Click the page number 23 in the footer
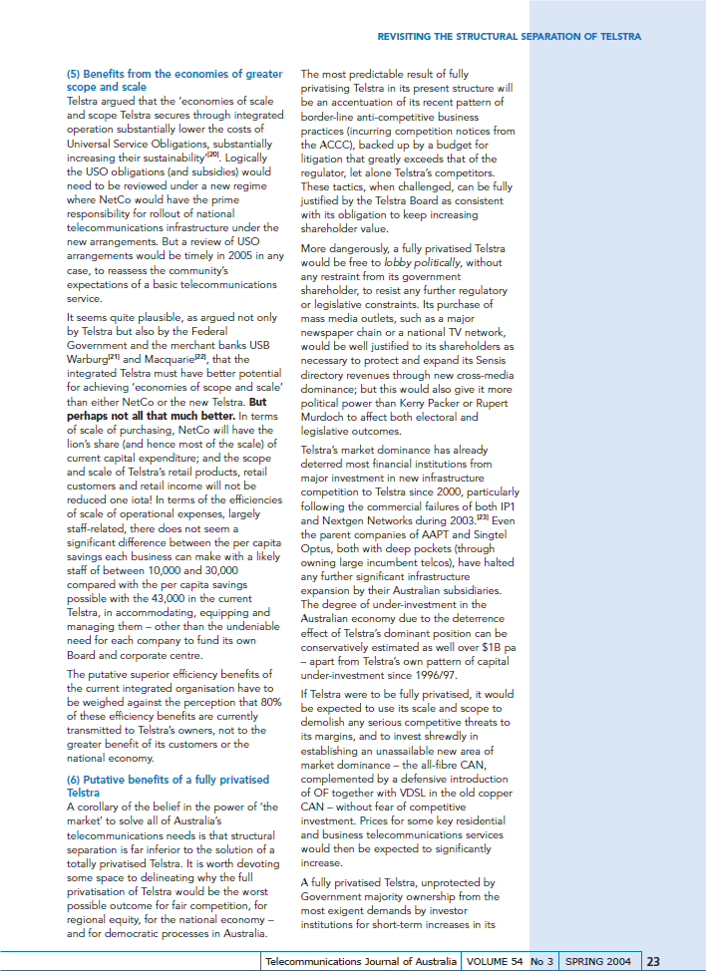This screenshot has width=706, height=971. [x=653, y=962]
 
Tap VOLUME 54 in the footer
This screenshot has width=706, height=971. [x=494, y=962]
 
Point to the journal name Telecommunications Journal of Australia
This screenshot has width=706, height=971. [x=363, y=962]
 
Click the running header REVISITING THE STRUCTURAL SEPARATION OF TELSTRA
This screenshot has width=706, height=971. [x=509, y=37]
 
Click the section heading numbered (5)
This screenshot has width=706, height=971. [x=174, y=81]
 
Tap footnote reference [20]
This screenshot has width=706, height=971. [x=212, y=156]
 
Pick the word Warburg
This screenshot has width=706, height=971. [x=88, y=359]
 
